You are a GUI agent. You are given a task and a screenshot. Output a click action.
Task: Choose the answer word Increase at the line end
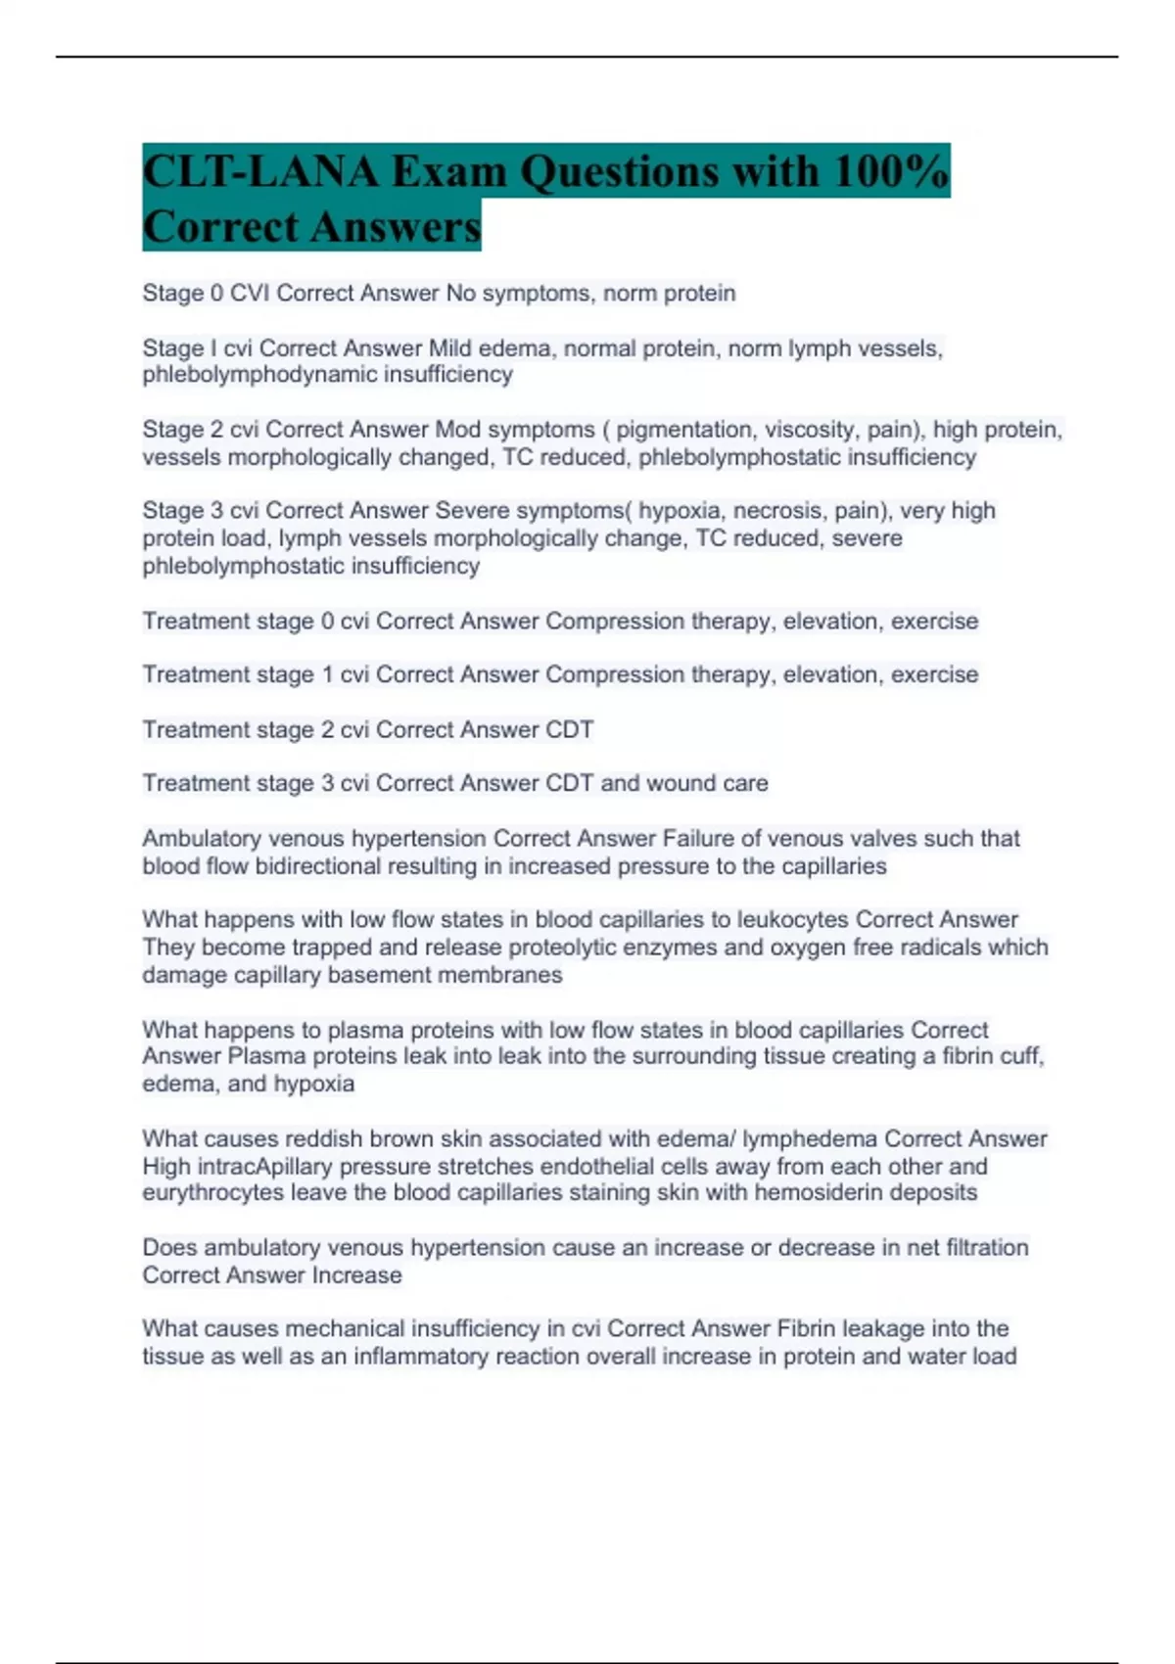point(356,1275)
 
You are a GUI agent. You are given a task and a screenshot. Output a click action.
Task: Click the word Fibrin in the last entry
point(806,1329)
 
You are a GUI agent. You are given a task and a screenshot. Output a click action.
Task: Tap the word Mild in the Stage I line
point(451,348)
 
